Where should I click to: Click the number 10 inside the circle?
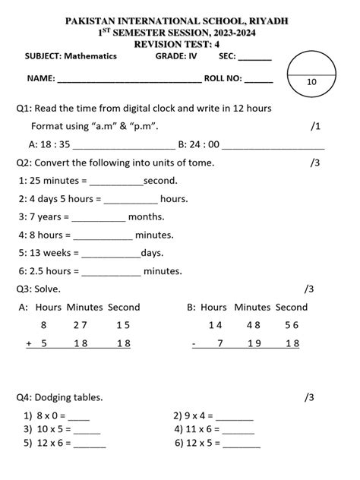pyautogui.click(x=312, y=81)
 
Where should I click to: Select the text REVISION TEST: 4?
pyautogui.click(x=179, y=44)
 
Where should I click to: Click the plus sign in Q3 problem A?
pyautogui.click(x=28, y=343)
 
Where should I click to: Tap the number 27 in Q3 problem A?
pyautogui.click(x=81, y=325)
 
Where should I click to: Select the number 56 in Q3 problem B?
pyautogui.click(x=292, y=325)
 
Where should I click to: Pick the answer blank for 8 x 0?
pyautogui.click(x=78, y=416)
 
